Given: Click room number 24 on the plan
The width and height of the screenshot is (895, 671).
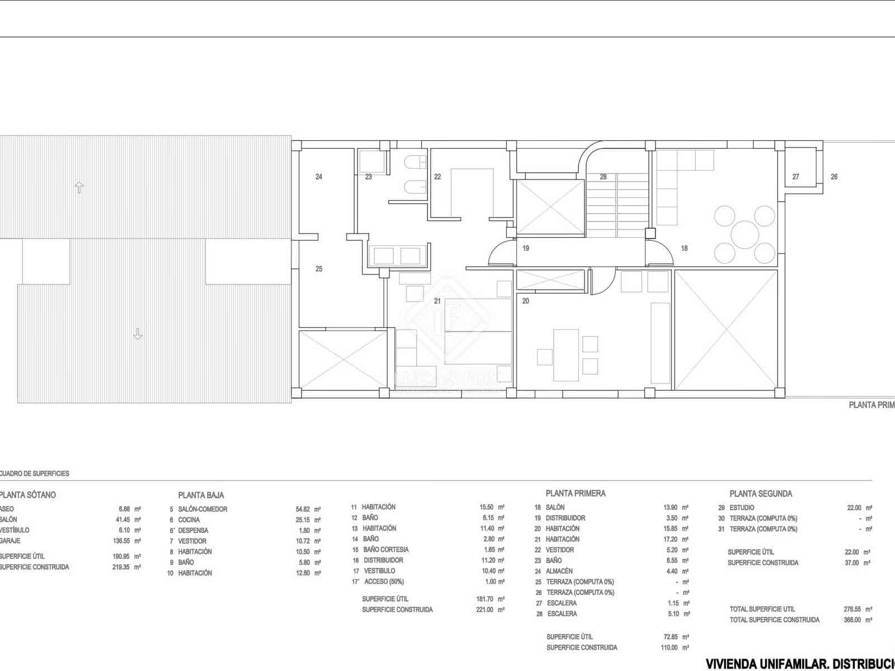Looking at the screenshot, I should (x=319, y=177).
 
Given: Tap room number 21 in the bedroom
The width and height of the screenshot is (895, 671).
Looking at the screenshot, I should (x=437, y=301).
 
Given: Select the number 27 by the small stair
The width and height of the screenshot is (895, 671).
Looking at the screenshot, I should (x=795, y=177).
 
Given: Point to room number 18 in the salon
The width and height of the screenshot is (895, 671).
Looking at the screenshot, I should (x=684, y=248).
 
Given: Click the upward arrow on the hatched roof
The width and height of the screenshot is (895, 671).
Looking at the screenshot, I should (x=79, y=187).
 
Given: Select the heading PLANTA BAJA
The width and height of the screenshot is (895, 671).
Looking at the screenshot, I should (x=201, y=495).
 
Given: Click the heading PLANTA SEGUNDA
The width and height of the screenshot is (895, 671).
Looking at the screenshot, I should (x=761, y=494).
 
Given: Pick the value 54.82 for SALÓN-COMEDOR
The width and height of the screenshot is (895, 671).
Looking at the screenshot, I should (x=302, y=509).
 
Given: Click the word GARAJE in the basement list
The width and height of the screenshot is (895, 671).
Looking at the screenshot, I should (x=10, y=541).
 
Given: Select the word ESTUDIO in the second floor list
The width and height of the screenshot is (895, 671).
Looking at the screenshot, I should (x=742, y=508).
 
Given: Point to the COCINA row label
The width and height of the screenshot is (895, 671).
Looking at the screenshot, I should (x=189, y=520).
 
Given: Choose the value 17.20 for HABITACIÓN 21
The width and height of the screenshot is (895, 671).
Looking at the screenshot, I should (x=670, y=539).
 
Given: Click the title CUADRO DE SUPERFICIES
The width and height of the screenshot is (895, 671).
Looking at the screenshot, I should (x=35, y=474).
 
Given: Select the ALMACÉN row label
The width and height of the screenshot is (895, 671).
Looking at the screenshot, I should (x=559, y=571).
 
